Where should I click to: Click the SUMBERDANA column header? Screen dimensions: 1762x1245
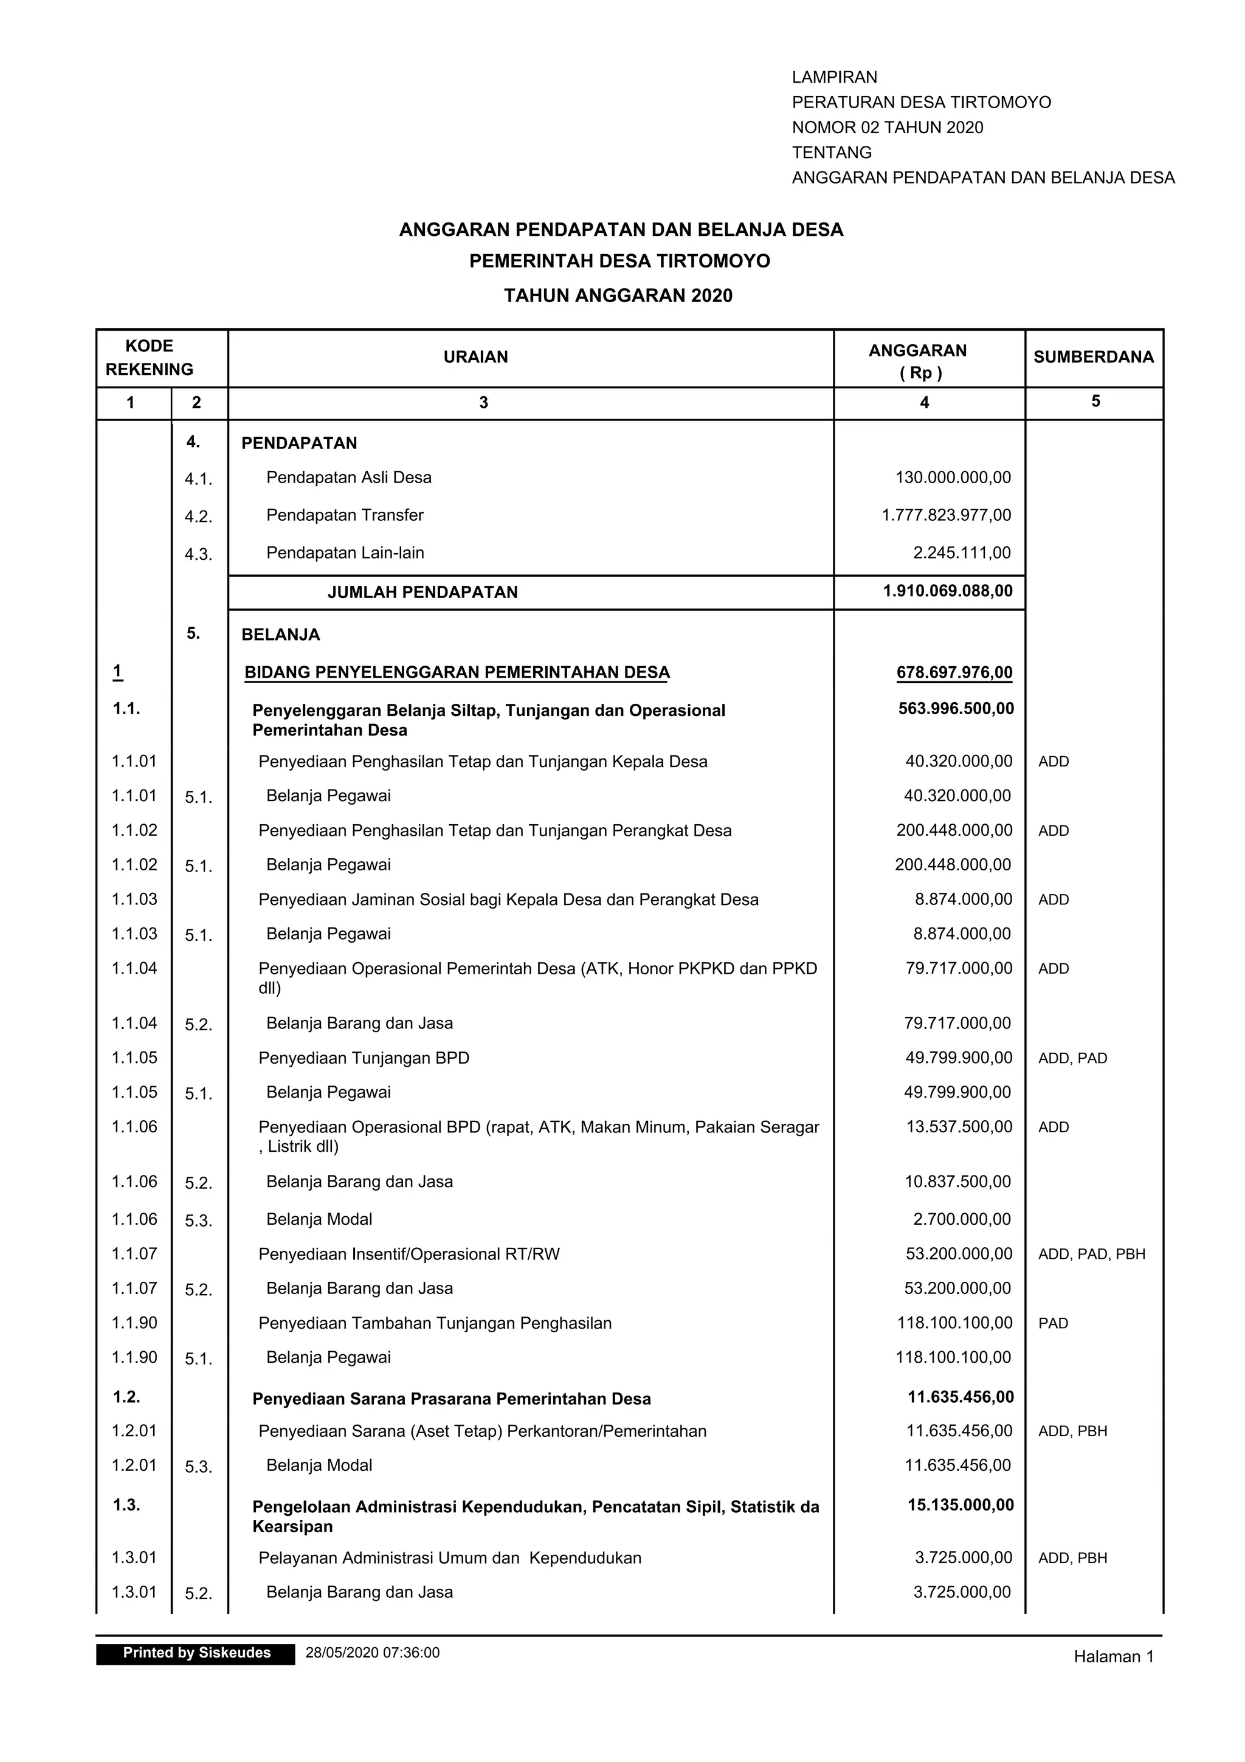(1093, 357)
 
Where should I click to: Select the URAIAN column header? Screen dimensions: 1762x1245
(475, 357)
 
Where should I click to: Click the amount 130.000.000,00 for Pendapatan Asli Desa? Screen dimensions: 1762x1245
(953, 477)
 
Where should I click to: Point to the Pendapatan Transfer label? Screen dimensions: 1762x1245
(345, 515)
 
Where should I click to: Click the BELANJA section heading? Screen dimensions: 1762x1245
(280, 635)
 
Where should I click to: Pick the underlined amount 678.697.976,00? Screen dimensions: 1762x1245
(954, 673)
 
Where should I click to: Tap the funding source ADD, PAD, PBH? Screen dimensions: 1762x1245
(1091, 1254)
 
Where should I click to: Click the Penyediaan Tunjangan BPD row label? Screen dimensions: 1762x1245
(364, 1058)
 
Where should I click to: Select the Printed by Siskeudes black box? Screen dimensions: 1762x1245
(196, 1653)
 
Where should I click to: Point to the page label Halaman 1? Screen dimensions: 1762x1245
(1113, 1657)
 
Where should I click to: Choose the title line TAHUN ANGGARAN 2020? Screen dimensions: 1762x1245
(618, 295)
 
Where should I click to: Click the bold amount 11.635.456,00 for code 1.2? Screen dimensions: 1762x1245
(960, 1397)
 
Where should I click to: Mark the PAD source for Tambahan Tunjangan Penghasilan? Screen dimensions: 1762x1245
(1052, 1323)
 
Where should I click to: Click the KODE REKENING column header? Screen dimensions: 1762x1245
(149, 357)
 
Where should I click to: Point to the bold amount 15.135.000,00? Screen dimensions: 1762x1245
(960, 1505)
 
